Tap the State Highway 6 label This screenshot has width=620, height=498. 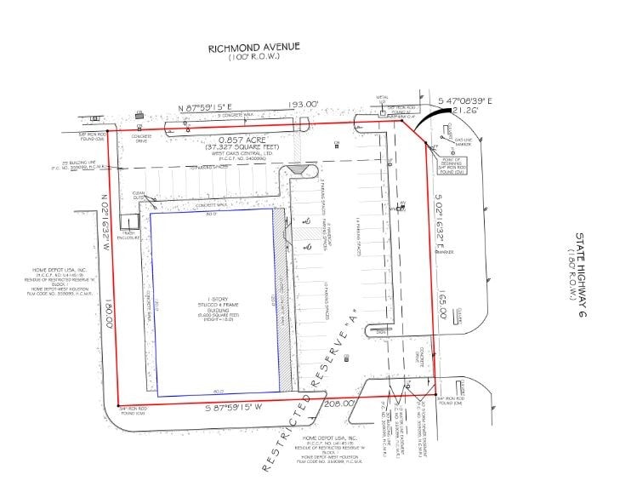(582, 275)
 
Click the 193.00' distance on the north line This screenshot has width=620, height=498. (301, 105)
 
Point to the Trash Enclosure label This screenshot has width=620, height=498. (129, 232)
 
